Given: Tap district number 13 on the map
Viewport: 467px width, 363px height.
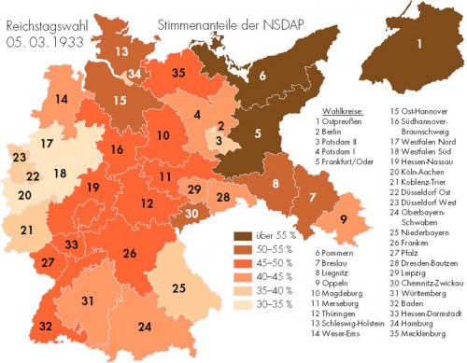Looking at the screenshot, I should (121, 51).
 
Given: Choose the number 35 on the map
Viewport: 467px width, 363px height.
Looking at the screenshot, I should (178, 72).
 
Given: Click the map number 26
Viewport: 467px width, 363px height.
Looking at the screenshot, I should (128, 253).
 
